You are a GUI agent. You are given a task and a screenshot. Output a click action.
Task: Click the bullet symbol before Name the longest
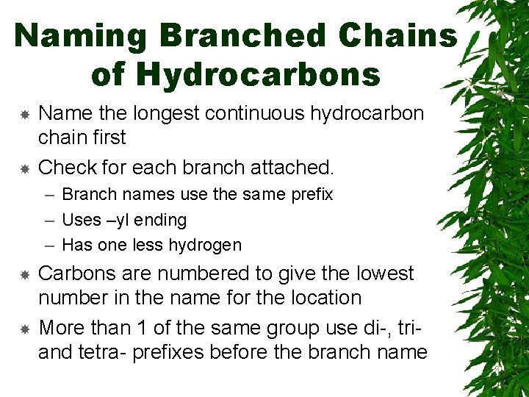24,115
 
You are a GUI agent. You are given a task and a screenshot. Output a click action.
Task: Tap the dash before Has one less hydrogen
48,245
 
